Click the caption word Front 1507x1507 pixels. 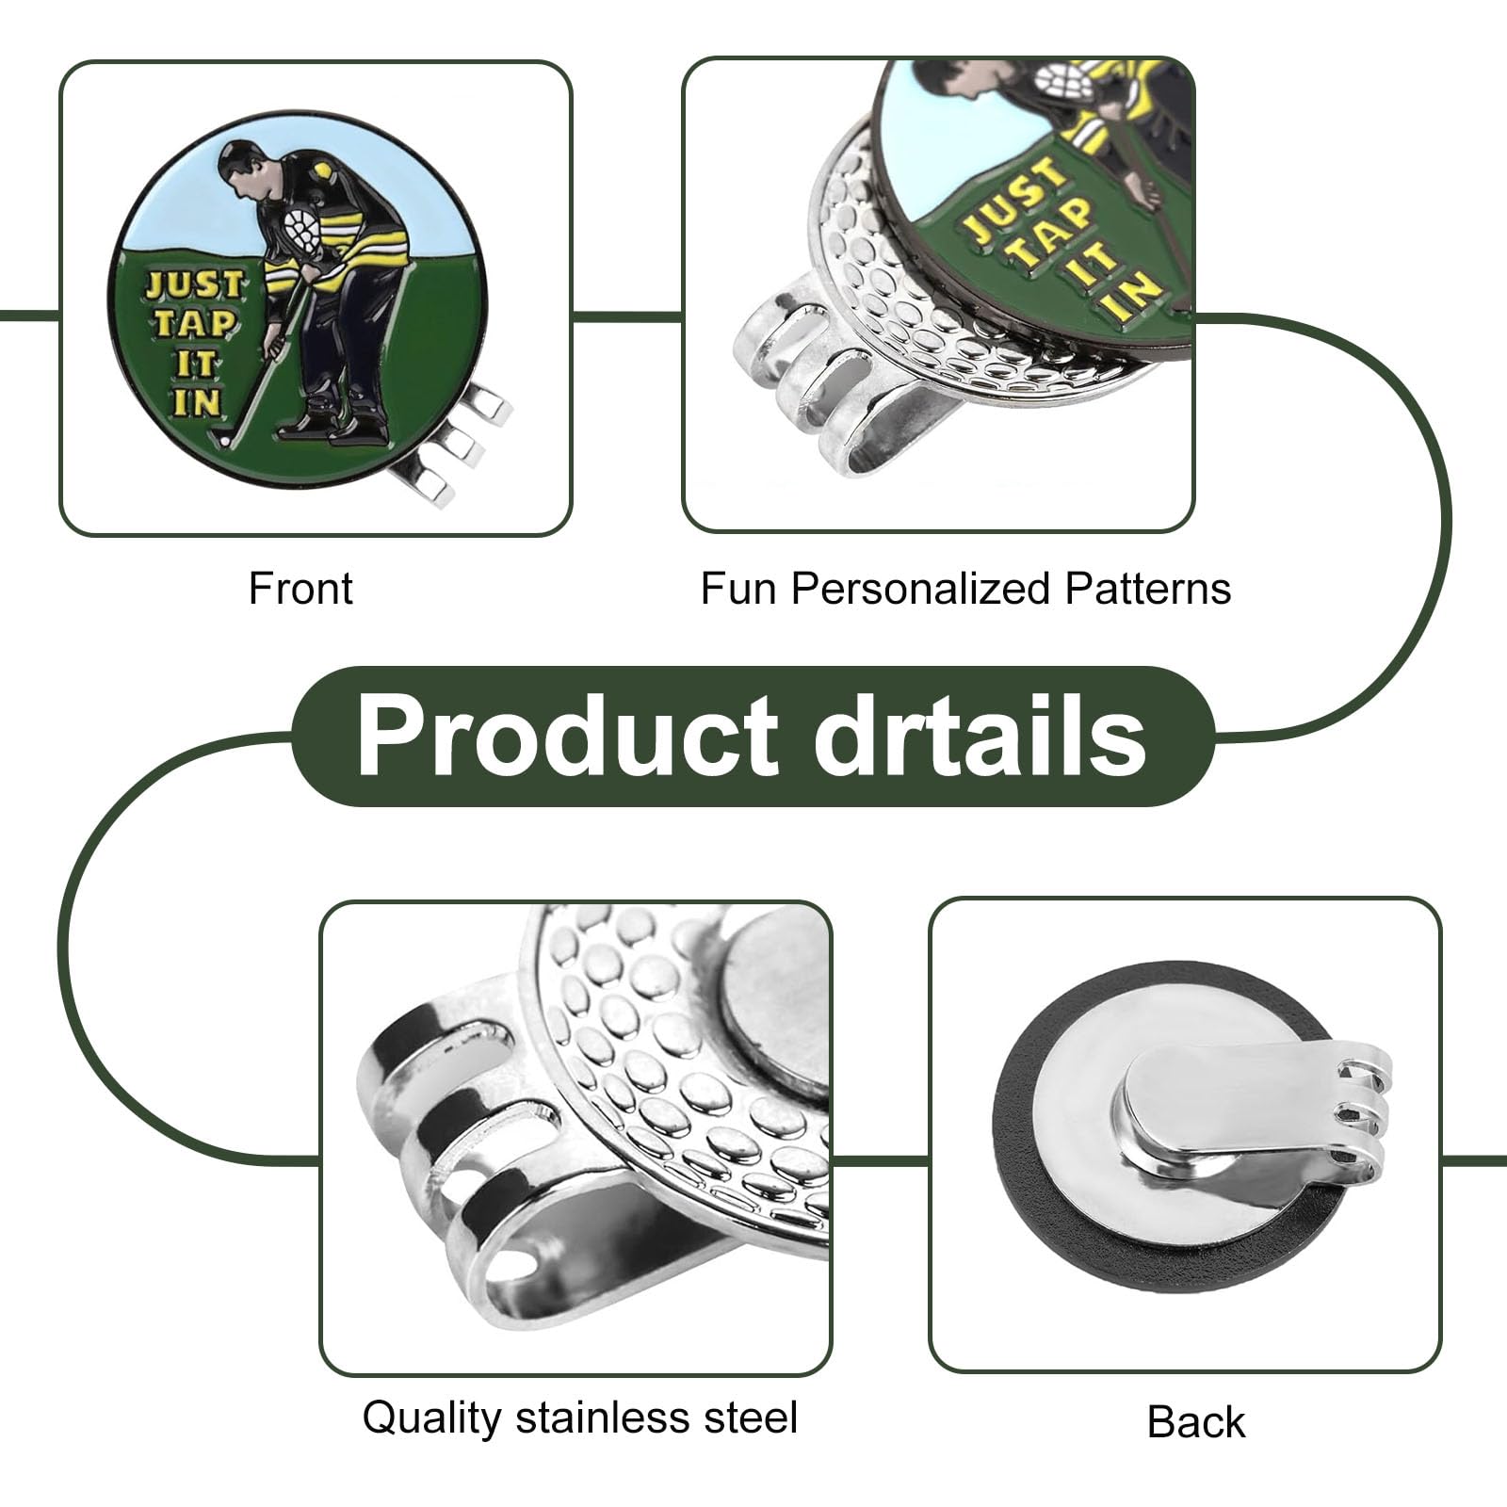click(x=300, y=589)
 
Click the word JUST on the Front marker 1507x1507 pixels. click(x=194, y=284)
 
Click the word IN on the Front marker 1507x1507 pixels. click(x=196, y=402)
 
